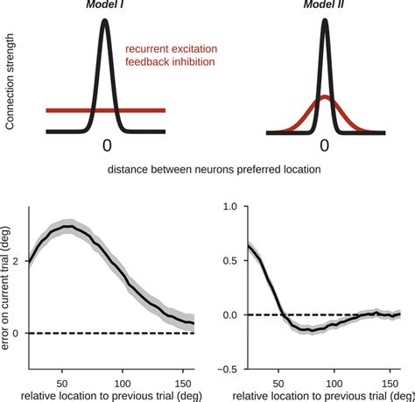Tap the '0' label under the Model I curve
tap(106, 145)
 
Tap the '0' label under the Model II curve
tap(324, 145)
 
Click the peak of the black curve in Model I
tap(105, 20)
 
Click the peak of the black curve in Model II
tap(324, 20)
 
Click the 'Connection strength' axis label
tap(10, 83)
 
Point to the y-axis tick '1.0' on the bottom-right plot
tap(230, 207)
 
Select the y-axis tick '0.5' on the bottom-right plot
tap(230, 260)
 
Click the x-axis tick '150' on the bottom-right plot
tap(382, 383)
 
